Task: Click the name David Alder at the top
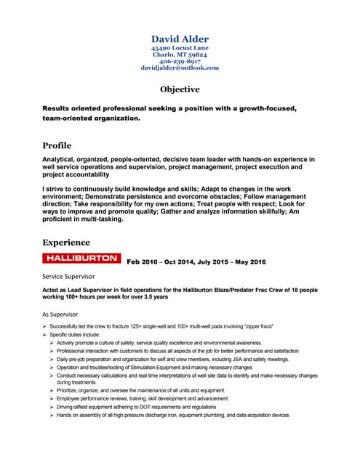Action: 180,38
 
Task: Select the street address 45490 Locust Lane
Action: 180,48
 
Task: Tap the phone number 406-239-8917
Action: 180,61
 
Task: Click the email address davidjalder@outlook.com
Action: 180,68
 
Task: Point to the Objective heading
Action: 180,89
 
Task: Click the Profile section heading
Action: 57,145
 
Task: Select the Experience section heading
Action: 66,242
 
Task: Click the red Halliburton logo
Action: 81,259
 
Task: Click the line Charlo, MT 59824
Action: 180,54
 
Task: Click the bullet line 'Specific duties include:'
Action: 84,334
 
